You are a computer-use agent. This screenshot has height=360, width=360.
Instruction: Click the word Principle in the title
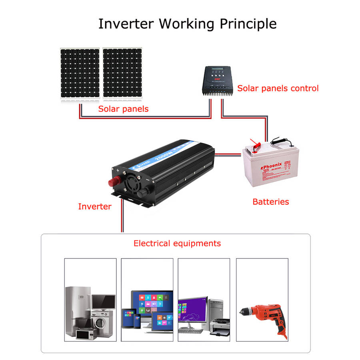(x=248, y=24)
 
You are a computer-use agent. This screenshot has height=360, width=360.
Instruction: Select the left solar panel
(x=80, y=73)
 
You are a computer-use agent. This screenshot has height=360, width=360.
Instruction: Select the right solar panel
(x=122, y=73)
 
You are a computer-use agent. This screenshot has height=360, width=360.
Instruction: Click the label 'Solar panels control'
(x=278, y=88)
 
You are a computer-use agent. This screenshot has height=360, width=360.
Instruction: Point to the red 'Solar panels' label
(x=123, y=109)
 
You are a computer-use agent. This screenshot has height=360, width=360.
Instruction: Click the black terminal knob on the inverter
(x=141, y=194)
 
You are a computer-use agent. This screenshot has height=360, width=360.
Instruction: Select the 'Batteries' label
(x=270, y=202)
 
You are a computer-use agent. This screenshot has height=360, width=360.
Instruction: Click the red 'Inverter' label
(x=94, y=206)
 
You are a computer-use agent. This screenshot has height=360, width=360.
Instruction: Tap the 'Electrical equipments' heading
(x=177, y=243)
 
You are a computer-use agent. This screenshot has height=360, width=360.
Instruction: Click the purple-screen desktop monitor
(x=192, y=310)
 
